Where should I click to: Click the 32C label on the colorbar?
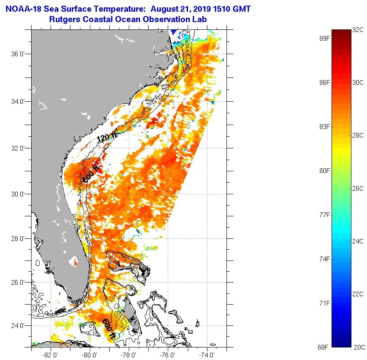tap(358, 30)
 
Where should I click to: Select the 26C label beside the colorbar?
tap(358, 189)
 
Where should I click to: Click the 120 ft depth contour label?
tap(106, 138)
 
